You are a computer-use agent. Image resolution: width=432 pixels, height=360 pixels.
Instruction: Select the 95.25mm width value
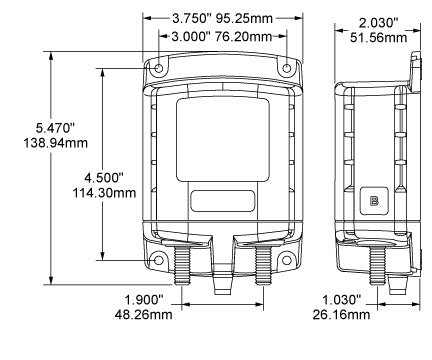tap(248, 19)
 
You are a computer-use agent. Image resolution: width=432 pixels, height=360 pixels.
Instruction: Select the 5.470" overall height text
tap(37, 128)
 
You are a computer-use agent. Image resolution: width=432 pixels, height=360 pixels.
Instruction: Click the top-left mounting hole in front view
tap(158, 68)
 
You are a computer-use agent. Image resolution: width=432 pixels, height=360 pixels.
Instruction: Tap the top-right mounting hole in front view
tap(288, 68)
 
